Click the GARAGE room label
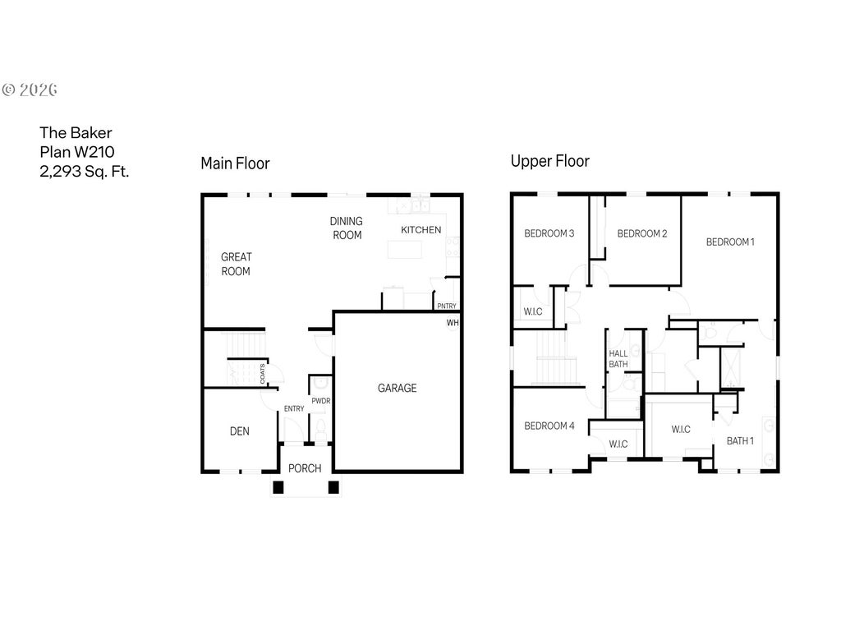tap(397, 388)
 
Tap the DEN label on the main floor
tap(239, 431)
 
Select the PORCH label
tap(305, 468)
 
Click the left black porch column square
tap(278, 487)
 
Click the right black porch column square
tap(333, 487)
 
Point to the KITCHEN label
tap(421, 230)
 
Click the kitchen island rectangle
tap(405, 250)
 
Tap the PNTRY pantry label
tap(447, 306)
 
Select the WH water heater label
tap(453, 322)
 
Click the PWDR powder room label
tap(321, 401)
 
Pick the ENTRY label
tap(294, 409)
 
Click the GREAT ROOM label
tap(236, 264)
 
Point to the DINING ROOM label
tap(347, 228)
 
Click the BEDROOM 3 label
tap(549, 233)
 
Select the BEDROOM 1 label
tap(730, 242)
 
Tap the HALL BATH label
tap(618, 359)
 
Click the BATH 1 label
tap(740, 441)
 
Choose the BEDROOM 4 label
tap(549, 426)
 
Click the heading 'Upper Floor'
tap(549, 161)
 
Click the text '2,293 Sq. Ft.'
tap(85, 171)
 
